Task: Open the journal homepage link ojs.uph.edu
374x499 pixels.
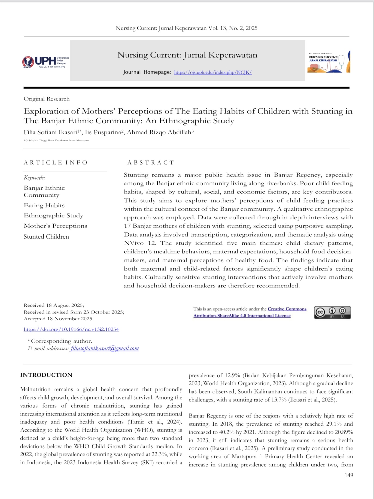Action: (x=213, y=72)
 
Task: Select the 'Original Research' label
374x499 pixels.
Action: (x=47, y=99)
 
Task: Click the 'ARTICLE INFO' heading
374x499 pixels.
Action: (x=56, y=163)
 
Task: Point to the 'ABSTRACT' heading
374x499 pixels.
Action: (x=151, y=163)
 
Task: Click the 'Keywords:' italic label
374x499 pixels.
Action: (x=34, y=178)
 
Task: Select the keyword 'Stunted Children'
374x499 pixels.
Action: (x=46, y=237)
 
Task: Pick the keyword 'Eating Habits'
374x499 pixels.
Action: (x=44, y=205)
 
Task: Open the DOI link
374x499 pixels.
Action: (x=71, y=329)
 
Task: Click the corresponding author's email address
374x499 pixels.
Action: (x=105, y=348)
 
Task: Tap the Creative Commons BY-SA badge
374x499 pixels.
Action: (x=332, y=312)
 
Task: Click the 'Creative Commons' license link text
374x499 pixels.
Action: (x=287, y=309)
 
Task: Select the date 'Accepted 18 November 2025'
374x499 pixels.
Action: (x=58, y=319)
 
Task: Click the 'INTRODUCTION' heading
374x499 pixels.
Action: (x=46, y=375)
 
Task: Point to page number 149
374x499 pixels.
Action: (x=349, y=475)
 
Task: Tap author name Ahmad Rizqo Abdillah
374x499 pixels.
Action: (x=160, y=132)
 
